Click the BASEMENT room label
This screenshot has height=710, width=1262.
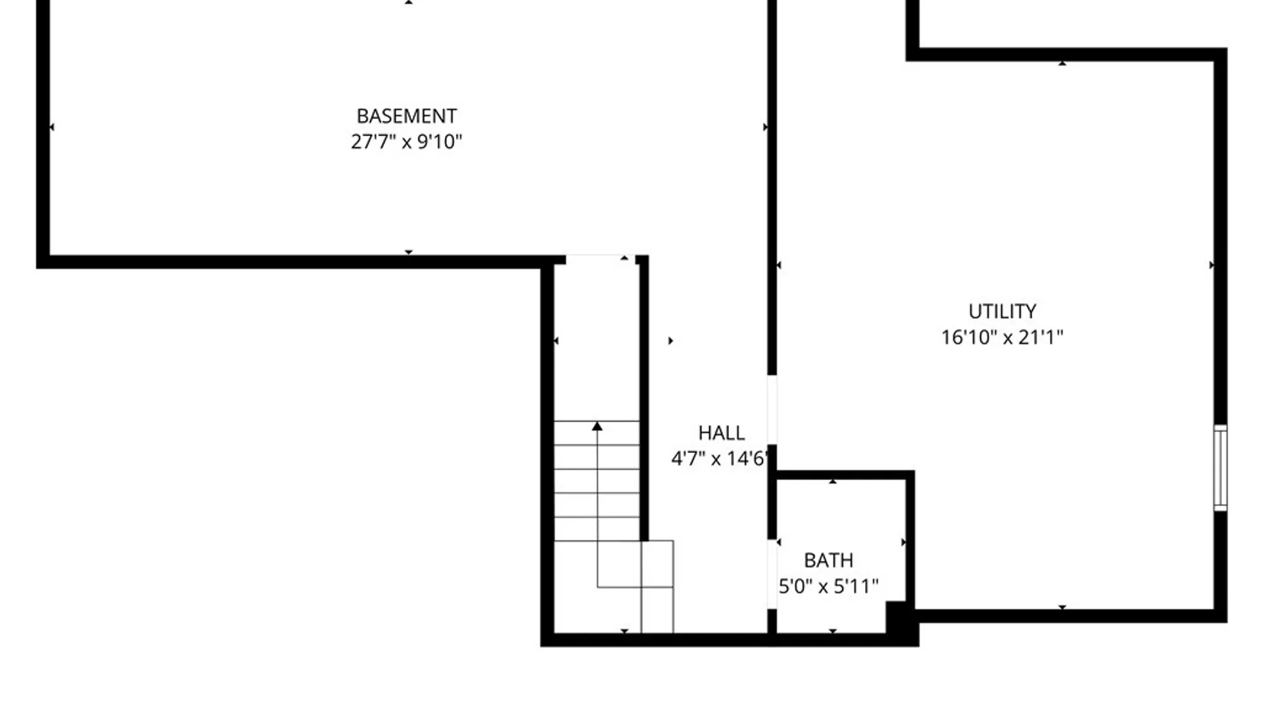point(406,116)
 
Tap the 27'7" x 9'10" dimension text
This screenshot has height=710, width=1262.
point(406,142)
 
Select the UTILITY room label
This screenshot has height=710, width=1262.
point(1002,312)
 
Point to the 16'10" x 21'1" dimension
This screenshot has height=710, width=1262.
point(1002,338)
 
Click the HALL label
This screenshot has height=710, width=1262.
point(721,433)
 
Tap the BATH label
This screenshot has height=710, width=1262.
point(828,561)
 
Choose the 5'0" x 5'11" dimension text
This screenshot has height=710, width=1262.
point(828,586)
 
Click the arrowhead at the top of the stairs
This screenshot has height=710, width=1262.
point(597,427)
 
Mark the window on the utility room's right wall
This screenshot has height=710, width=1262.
point(1220,467)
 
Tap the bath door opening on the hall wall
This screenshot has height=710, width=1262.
point(772,574)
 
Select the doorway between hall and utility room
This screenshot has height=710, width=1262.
point(772,410)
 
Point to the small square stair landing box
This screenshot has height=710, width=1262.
point(657,563)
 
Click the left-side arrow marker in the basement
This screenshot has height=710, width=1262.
point(52,127)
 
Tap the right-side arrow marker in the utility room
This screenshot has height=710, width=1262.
point(1211,265)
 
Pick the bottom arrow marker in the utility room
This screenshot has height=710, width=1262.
point(1062,607)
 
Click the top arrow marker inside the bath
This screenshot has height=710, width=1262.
point(833,482)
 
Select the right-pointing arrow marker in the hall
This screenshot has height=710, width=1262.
point(670,341)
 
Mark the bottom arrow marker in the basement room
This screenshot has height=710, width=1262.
point(408,252)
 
